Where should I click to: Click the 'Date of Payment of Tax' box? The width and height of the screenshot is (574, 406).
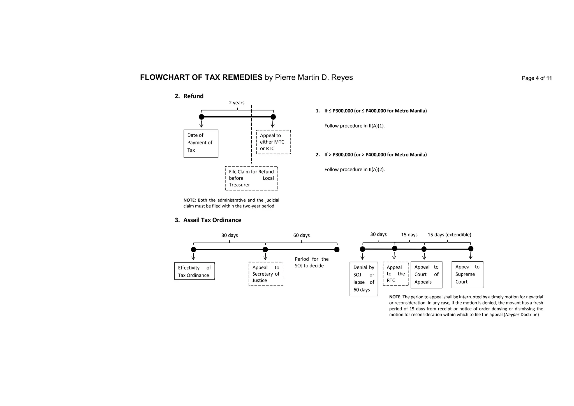click(x=201, y=143)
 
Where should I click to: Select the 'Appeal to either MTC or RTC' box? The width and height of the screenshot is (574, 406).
click(x=273, y=142)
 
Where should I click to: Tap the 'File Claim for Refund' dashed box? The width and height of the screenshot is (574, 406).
click(x=251, y=178)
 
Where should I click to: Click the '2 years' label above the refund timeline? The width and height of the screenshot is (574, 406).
click(x=237, y=103)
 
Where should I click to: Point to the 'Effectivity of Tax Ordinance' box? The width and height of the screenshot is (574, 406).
click(x=194, y=271)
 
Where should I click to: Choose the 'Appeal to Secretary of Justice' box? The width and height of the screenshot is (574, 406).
click(x=266, y=274)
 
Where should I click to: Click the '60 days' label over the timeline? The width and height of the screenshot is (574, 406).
click(x=301, y=235)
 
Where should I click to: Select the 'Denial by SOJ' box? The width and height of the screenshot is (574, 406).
click(x=364, y=279)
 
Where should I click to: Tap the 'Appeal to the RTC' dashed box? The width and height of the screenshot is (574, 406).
click(x=395, y=274)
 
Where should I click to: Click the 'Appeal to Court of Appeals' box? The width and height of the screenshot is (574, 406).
click(x=426, y=274)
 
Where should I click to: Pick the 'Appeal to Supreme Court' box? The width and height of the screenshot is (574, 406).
click(x=467, y=274)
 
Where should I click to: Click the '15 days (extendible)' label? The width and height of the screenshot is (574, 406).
click(x=449, y=235)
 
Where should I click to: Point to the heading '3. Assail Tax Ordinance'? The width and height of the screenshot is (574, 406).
click(x=208, y=220)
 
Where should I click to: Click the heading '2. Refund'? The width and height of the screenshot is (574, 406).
click(x=189, y=96)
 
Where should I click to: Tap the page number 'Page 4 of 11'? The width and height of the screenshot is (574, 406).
click(x=536, y=78)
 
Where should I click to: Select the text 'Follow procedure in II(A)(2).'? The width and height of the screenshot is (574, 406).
click(x=354, y=170)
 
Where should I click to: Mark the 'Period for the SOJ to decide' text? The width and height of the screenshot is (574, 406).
click(x=311, y=262)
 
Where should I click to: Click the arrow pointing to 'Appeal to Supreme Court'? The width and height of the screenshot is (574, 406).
click(x=471, y=256)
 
